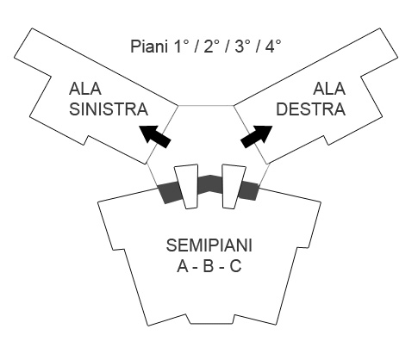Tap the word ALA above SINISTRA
click(86, 88)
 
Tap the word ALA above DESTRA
click(328, 88)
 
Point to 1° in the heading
click(180, 45)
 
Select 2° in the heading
click(212, 45)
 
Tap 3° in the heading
click(244, 45)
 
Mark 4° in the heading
click(276, 45)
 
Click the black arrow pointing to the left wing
click(154, 134)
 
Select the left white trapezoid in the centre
click(184, 186)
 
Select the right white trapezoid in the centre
click(230, 186)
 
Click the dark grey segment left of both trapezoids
click(167, 195)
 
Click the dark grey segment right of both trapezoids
click(248, 191)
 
